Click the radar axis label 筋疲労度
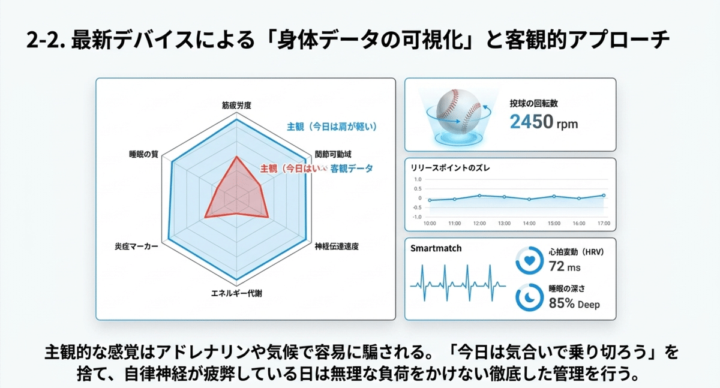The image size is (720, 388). pos(236,105)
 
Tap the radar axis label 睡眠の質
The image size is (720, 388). pos(143,154)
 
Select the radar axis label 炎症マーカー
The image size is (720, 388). pos(136,246)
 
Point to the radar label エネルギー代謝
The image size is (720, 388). pos(236,293)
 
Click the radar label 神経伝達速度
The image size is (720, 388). pos(337,246)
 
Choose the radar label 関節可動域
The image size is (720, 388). pos(333,154)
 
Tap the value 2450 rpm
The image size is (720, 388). pos(544,122)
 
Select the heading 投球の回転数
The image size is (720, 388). pos(534,104)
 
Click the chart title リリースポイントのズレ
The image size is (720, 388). pos(450,167)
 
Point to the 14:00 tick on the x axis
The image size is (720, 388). pos(529,224)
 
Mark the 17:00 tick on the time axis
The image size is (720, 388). pos(603,224)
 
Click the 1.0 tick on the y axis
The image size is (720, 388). pos(418,179)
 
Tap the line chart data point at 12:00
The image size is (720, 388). pos(479,195)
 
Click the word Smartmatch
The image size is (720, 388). pos(436,247)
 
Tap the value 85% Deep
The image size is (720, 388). pos(574,303)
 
